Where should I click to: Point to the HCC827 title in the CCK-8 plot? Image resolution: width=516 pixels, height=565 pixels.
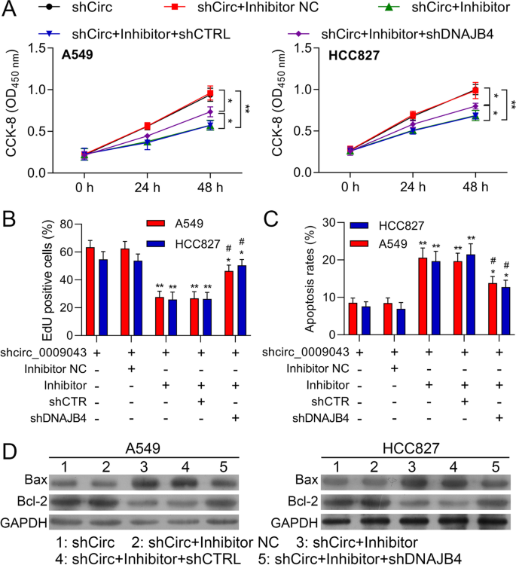point(355,54)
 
